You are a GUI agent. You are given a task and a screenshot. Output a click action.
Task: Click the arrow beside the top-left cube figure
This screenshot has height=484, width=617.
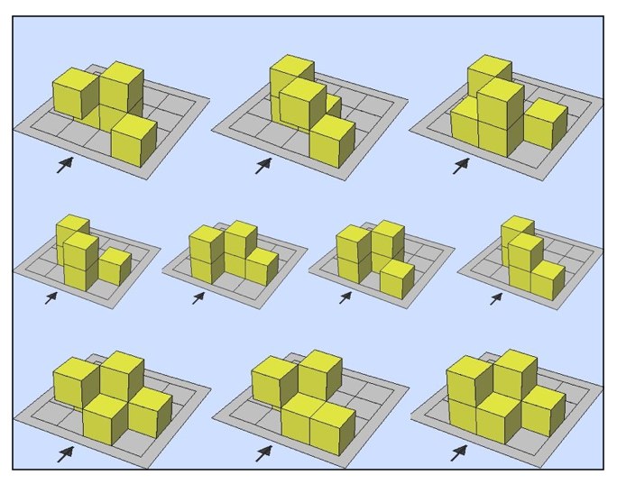[x=64, y=164]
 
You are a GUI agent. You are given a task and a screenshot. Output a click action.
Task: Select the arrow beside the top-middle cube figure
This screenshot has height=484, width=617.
[x=262, y=165]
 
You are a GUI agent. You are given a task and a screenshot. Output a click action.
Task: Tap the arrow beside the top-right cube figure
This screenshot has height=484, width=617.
[x=461, y=165]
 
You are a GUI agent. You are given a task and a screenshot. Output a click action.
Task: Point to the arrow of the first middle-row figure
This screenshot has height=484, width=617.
[x=51, y=297]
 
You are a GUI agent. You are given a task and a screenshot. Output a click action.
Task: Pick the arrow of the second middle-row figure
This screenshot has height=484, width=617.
[x=198, y=297]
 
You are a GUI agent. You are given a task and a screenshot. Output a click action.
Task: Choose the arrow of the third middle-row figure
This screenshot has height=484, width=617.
[x=345, y=297]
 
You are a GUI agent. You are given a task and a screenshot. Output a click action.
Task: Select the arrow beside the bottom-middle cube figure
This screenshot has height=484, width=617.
[x=262, y=453]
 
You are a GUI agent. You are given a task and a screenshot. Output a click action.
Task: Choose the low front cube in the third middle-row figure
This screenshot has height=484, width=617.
[x=396, y=279]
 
